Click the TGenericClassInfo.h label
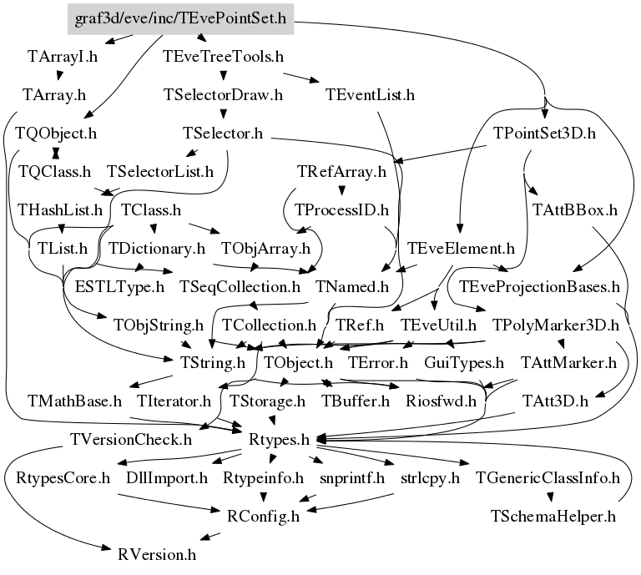point(548,478)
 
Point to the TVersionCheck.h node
point(131,438)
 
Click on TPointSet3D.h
point(543,133)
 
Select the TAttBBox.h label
point(574,209)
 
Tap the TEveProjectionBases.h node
point(534,286)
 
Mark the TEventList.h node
point(371,94)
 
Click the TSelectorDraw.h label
point(224,94)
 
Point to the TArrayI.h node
point(63,58)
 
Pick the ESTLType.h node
point(119,286)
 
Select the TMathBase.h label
point(74,401)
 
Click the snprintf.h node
point(352,478)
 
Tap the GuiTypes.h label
point(464,363)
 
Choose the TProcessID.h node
point(342,209)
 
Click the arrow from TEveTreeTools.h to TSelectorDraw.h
point(224,76)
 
